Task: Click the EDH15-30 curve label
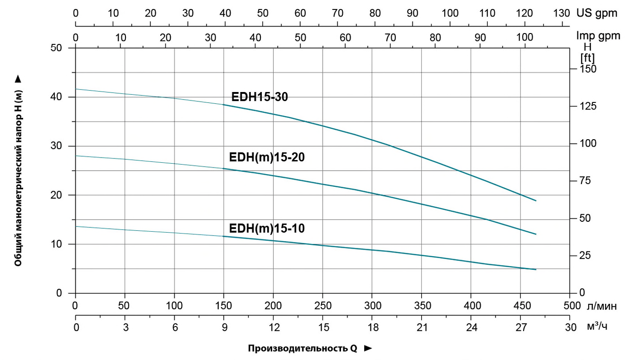click(x=259, y=97)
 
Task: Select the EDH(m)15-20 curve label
click(x=267, y=157)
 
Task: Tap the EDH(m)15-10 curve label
click(x=267, y=229)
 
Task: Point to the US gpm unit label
click(x=596, y=13)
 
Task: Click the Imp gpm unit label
click(x=598, y=35)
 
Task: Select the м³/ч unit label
click(x=597, y=327)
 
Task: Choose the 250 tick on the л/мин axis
click(x=323, y=306)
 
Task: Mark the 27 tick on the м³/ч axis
click(x=521, y=327)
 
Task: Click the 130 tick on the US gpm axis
click(x=561, y=13)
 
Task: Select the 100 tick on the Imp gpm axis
click(x=521, y=37)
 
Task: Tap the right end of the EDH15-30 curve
click(x=536, y=201)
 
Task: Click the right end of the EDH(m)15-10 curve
click(x=536, y=269)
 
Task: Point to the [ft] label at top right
click(x=588, y=57)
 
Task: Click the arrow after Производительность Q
click(x=368, y=349)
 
